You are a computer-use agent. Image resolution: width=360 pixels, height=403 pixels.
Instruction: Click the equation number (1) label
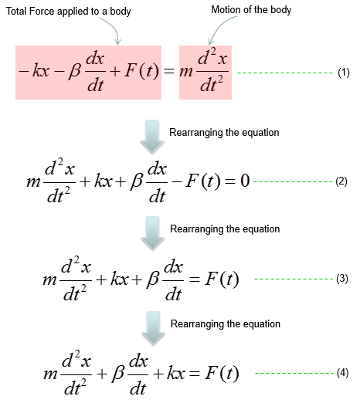[x=344, y=73]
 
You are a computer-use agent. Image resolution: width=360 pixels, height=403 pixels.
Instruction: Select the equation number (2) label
[x=341, y=181]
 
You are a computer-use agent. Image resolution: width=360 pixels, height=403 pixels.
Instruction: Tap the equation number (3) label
[x=342, y=279]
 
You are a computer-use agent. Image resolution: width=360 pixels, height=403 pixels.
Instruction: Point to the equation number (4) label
[x=342, y=373]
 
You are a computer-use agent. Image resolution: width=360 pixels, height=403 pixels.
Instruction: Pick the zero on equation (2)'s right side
[x=245, y=181]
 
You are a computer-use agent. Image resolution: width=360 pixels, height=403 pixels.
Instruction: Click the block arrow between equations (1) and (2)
[x=152, y=137]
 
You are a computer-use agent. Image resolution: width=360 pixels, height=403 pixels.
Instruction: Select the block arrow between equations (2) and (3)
[x=152, y=233]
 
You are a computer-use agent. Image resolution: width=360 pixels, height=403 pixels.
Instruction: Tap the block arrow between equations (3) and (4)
[x=153, y=328]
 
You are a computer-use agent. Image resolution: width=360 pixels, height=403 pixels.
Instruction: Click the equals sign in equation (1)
[x=169, y=71]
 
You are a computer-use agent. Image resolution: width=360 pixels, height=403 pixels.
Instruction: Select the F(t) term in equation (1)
[x=141, y=71]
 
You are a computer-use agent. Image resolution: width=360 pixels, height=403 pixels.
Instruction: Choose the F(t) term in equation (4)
[x=222, y=373]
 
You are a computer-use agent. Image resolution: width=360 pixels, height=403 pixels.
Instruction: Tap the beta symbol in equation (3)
[x=153, y=279]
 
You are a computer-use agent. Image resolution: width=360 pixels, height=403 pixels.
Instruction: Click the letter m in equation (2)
[x=33, y=182]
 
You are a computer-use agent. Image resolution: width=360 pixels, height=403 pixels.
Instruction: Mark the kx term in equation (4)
[x=176, y=373]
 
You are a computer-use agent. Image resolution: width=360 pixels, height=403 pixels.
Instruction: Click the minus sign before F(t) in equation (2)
[x=176, y=181]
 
